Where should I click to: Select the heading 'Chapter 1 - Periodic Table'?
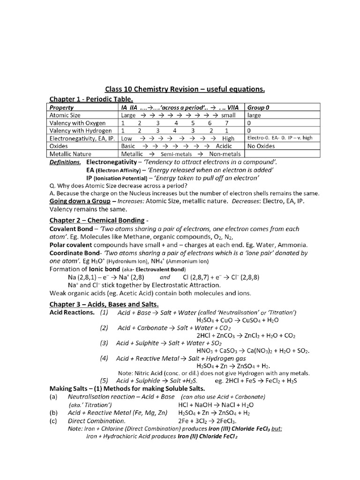[91, 98]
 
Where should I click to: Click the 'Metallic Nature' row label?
[70, 154]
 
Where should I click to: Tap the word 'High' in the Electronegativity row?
[228, 138]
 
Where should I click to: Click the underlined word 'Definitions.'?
[65, 162]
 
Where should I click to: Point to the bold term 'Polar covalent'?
[71, 245]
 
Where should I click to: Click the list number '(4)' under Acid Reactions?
[104, 358]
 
